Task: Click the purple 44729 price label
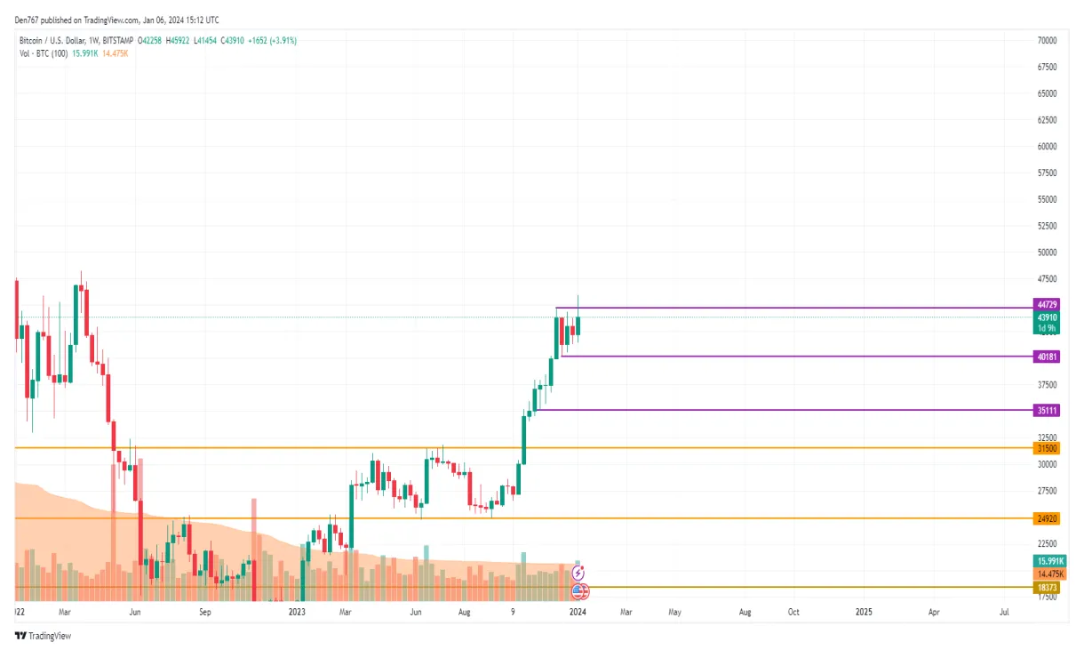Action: (1046, 304)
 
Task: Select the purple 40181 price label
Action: (1046, 356)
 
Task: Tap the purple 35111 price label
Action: (1046, 410)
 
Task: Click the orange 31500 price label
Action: (1046, 448)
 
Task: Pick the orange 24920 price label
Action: (1046, 518)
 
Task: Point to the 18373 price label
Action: (1046, 588)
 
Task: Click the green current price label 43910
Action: (1046, 317)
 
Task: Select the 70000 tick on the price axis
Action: (1046, 41)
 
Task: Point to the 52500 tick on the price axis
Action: (1046, 226)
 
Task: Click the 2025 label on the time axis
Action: (864, 612)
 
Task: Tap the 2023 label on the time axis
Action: (298, 612)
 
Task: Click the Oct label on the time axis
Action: (793, 612)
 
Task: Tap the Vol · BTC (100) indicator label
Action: (43, 53)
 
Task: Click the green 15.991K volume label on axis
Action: (1048, 561)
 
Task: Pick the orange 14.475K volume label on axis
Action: (1048, 574)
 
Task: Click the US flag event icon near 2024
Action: (578, 589)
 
